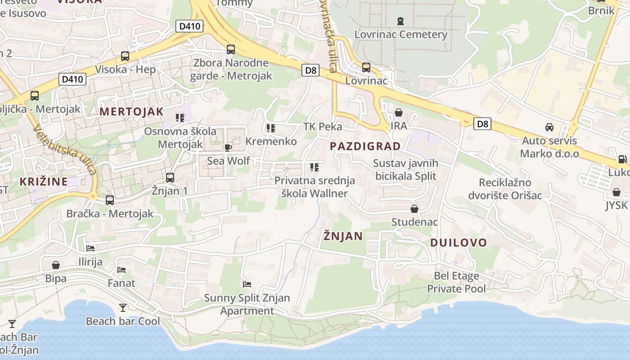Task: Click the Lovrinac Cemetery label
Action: (400, 34)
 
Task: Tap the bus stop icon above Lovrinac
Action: (366, 67)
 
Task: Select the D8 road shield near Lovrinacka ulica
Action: (310, 70)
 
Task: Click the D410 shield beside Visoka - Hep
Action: (72, 80)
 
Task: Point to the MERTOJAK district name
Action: (131, 112)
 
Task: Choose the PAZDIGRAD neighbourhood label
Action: (365, 146)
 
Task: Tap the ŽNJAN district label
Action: (343, 236)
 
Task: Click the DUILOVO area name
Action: (459, 243)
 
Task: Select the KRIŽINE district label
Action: (44, 182)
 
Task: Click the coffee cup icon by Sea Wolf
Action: (228, 148)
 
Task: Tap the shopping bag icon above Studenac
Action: (414, 209)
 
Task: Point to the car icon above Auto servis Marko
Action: (549, 127)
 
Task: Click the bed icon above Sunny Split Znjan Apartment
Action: (247, 284)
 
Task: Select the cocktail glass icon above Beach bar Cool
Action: (122, 308)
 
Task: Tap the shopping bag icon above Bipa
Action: (56, 265)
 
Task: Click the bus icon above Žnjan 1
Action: (170, 178)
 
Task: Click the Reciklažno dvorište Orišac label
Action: (505, 189)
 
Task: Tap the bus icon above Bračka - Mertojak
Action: (110, 200)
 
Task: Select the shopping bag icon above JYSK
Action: (616, 192)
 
